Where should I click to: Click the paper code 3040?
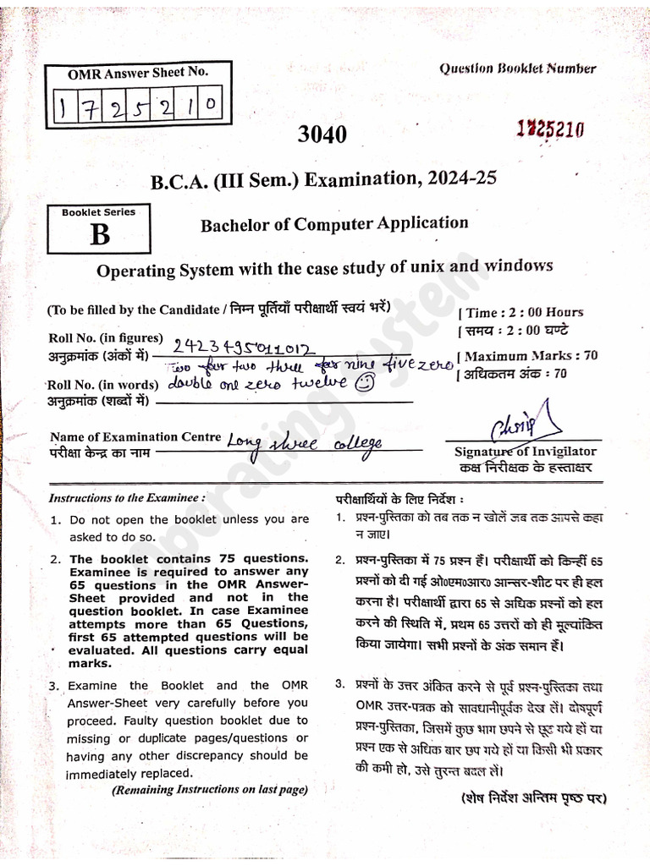pos(322,134)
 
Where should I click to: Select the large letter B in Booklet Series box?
pos(100,234)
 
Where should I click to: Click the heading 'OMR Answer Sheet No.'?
pos(137,74)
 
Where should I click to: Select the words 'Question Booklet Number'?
pos(517,69)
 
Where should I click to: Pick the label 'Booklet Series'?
pos(98,212)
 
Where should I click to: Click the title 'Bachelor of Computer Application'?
pos(333,224)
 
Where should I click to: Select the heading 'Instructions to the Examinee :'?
pos(127,498)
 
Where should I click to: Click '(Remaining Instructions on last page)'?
pos(209,789)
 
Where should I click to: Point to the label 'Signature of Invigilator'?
pos(525,452)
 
